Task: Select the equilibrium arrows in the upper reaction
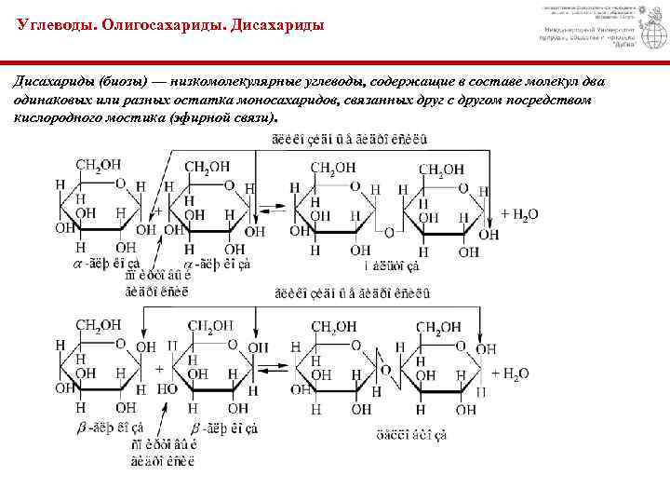pyautogui.click(x=273, y=213)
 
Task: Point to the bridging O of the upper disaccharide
pyautogui.click(x=392, y=232)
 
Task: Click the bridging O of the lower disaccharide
pyautogui.click(x=385, y=372)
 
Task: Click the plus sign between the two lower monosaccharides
pyautogui.click(x=159, y=369)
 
